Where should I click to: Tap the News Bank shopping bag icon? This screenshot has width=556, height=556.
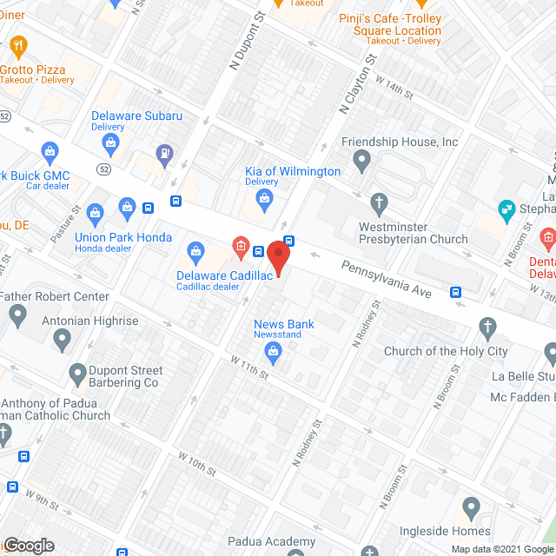(x=273, y=352)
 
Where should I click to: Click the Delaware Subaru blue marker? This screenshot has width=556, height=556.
(x=111, y=142)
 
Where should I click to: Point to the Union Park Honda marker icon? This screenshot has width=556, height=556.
(x=96, y=210)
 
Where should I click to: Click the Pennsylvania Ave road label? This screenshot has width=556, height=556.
(x=386, y=280)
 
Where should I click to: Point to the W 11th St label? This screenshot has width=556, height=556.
(x=249, y=366)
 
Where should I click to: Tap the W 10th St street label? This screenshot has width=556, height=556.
(x=197, y=462)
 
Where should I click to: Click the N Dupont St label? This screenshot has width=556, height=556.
(x=245, y=44)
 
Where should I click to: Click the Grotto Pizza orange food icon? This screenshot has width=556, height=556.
(x=19, y=44)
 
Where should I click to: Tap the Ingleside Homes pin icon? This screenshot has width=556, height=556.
(x=471, y=506)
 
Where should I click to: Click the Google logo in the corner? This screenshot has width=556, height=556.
(x=29, y=545)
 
